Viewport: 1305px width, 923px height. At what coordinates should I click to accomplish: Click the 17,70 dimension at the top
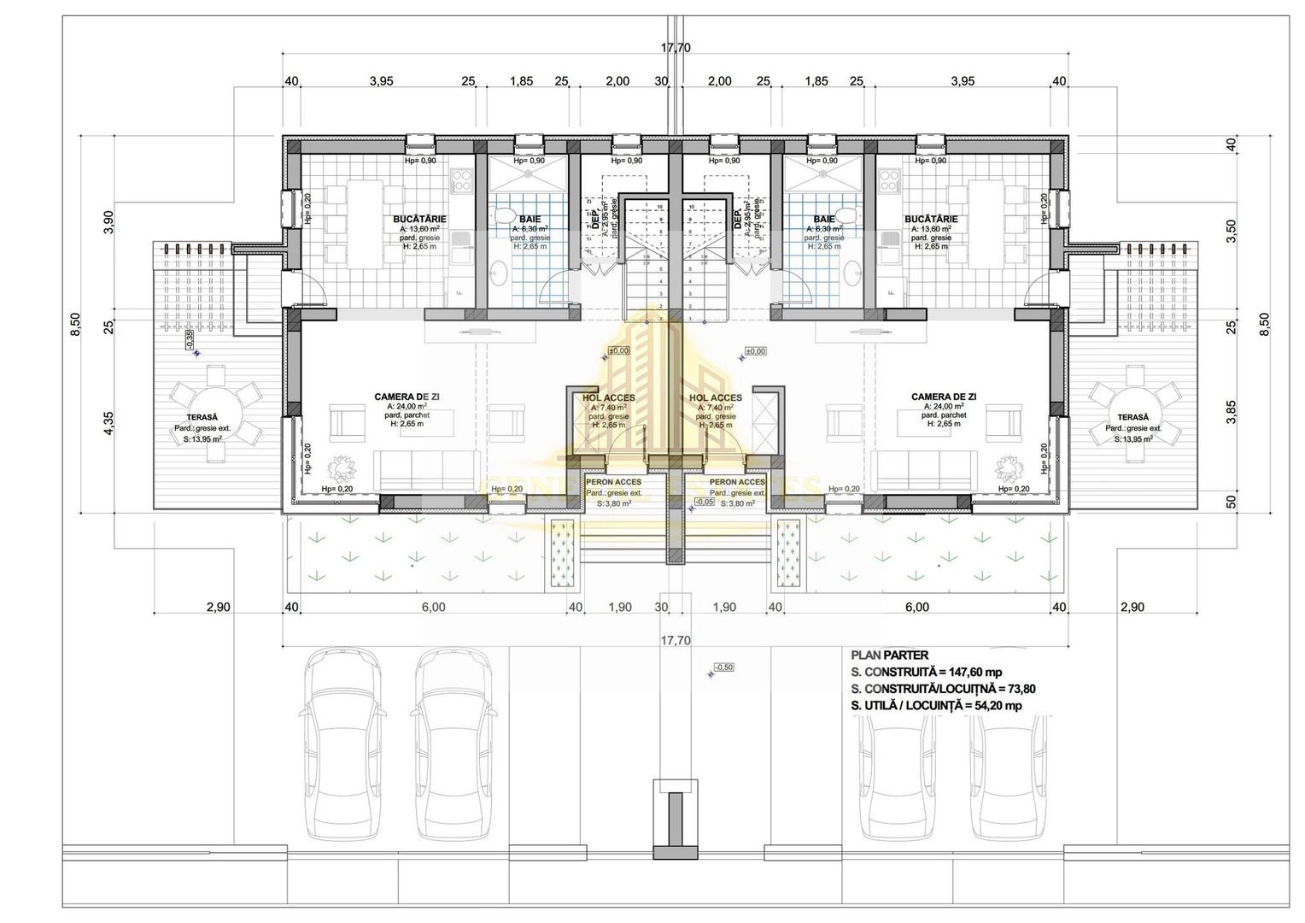pyautogui.click(x=675, y=48)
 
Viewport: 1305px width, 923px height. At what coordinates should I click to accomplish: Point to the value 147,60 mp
pyautogui.click(x=972, y=672)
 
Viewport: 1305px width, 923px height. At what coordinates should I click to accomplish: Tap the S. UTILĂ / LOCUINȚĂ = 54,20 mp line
pyautogui.click(x=936, y=706)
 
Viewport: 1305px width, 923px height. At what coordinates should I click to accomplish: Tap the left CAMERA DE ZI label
pyautogui.click(x=407, y=397)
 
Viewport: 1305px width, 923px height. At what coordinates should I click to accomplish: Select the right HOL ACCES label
pyautogui.click(x=715, y=398)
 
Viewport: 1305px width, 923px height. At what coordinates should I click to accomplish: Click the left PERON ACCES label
pyautogui.click(x=614, y=483)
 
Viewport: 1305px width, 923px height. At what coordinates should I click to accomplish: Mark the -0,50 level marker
pyautogui.click(x=723, y=667)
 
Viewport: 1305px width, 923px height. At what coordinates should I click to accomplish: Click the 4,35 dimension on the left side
pyautogui.click(x=108, y=423)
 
